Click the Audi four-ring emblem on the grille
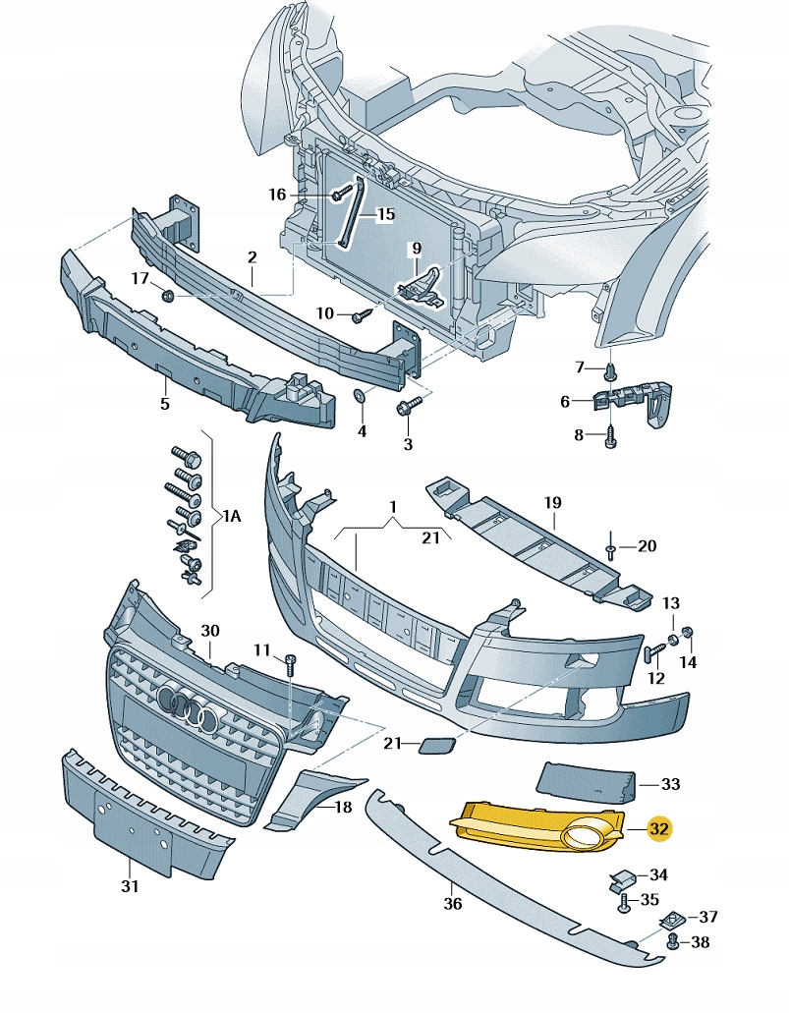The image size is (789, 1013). point(187,706)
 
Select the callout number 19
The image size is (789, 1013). point(552,503)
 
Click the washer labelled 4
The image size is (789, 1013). point(360,396)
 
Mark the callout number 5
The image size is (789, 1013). point(164,404)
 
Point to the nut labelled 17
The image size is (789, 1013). point(168,296)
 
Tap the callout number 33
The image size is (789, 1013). point(670,784)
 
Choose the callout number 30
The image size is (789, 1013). point(208,630)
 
